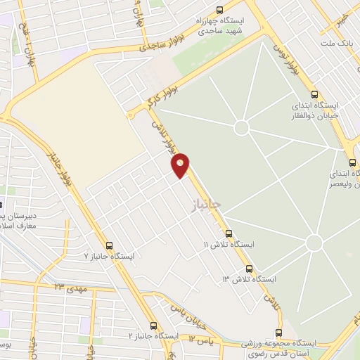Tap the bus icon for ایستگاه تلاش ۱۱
pyautogui.click(x=229, y=234)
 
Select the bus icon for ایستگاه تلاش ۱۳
pyautogui.click(x=249, y=269)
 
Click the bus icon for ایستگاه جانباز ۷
pyautogui.click(x=109, y=246)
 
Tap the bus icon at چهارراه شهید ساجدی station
pyautogui.click(x=221, y=11)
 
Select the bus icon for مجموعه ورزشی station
pyautogui.click(x=278, y=333)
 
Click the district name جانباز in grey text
pyautogui.click(x=205, y=205)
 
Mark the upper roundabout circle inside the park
pyautogui.click(x=241, y=127)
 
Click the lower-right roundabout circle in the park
pyautogui.click(x=314, y=243)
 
